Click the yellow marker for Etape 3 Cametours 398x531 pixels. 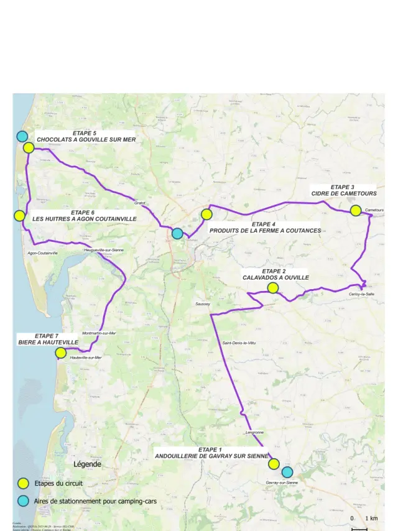(x=355, y=211)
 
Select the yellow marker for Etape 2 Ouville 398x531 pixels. (x=272, y=288)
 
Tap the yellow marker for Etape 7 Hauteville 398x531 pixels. (x=60, y=353)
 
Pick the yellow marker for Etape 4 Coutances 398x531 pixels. (x=206, y=214)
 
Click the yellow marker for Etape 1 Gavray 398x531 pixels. (x=273, y=464)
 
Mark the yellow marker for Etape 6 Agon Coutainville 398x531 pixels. (x=19, y=216)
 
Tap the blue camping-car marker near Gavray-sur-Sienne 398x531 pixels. (x=287, y=472)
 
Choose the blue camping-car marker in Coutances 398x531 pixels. (x=177, y=233)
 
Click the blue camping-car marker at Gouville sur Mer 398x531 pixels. (x=22, y=136)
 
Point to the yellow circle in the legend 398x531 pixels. (x=23, y=483)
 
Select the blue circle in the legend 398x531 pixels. (x=23, y=501)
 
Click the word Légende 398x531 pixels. (x=87, y=464)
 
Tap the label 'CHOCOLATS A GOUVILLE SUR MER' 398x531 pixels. (x=86, y=140)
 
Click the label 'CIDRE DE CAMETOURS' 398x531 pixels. (x=343, y=194)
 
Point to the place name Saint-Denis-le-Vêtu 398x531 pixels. (x=239, y=343)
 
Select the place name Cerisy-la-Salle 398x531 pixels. (x=361, y=294)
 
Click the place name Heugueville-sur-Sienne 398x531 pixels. (x=104, y=250)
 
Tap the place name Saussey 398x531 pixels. (x=203, y=304)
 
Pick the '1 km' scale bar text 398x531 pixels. (x=371, y=518)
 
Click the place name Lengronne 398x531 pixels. (x=255, y=432)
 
